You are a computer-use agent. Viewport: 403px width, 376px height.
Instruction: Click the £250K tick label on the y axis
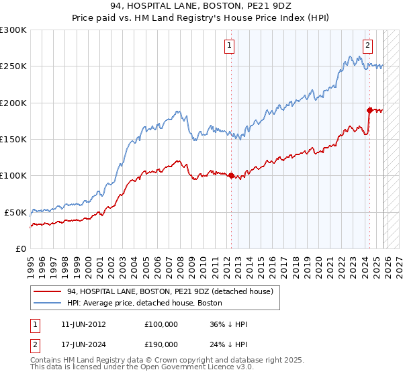coord(13,66)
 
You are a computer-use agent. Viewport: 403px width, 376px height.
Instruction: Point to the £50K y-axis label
coord(15,212)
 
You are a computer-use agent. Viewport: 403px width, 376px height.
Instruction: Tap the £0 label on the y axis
coord(21,248)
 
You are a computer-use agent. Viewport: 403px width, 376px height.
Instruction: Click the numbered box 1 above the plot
coord(230,46)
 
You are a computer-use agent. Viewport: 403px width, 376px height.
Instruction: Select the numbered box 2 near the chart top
coord(368,46)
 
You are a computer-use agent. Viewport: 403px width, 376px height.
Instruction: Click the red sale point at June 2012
coord(231,176)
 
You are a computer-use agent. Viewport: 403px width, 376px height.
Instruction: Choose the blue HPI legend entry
coord(144,303)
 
